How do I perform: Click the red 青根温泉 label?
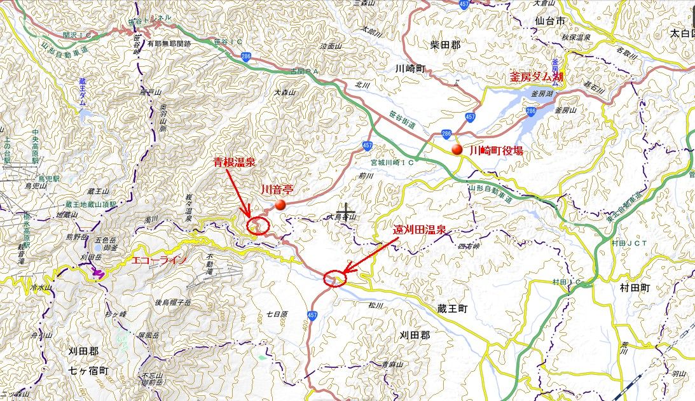click(x=234, y=163)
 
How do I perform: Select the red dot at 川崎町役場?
click(x=457, y=150)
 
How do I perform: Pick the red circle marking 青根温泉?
click(x=258, y=224)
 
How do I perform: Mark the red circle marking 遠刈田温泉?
click(x=334, y=278)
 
